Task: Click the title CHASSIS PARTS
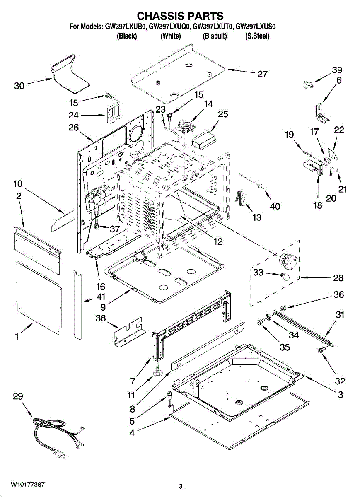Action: point(180,16)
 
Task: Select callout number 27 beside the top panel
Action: point(262,74)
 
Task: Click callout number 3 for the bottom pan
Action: point(340,395)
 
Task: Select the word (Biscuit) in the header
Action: point(215,36)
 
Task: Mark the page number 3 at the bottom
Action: point(181,486)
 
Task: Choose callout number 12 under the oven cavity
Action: point(217,241)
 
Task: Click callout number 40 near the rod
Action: point(275,206)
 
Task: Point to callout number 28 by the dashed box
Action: point(338,277)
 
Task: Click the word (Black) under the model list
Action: point(127,36)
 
